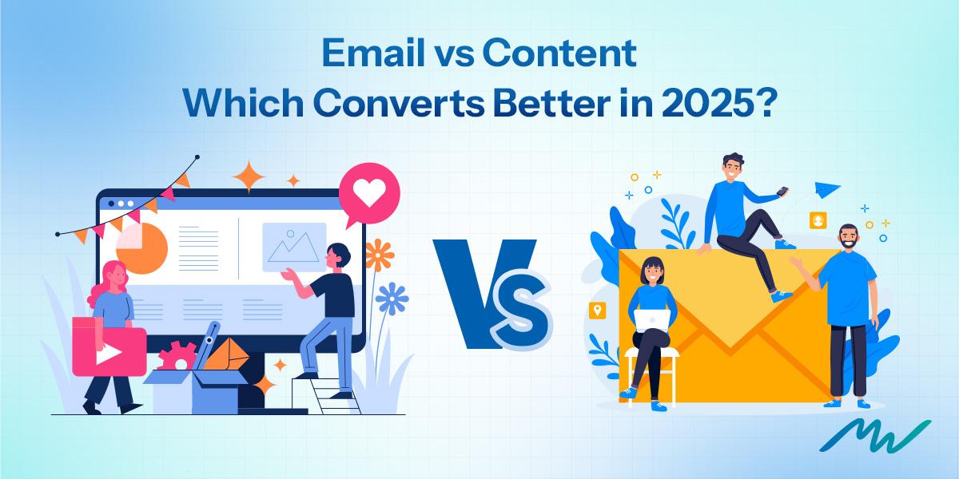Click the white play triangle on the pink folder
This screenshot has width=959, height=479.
pos(103,352)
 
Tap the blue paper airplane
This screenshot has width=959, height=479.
pos(826,191)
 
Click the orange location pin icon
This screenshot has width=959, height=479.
pos(595,311)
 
